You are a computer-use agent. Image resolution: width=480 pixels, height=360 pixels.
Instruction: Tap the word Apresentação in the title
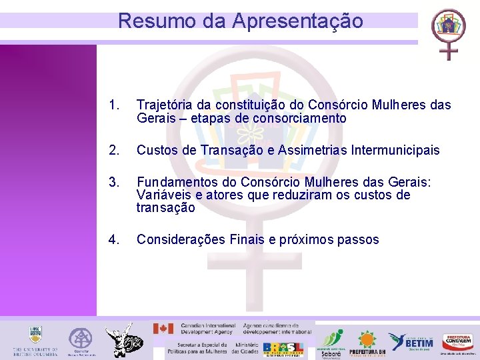(x=298, y=21)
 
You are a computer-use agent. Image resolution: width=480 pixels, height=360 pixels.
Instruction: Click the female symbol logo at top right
(x=448, y=33)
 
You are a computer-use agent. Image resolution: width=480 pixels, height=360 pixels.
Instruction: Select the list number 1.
(x=115, y=105)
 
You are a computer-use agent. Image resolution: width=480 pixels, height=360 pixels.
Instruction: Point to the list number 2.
(x=115, y=151)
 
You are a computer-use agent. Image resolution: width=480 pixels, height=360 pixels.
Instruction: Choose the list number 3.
(x=115, y=183)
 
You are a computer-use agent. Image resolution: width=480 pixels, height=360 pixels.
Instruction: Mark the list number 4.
(x=115, y=240)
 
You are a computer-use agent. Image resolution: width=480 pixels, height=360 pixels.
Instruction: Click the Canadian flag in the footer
(x=163, y=329)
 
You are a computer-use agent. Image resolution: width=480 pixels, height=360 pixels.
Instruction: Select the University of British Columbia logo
(x=35, y=340)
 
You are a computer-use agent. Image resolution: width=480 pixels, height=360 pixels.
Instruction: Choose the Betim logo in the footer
(x=411, y=341)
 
